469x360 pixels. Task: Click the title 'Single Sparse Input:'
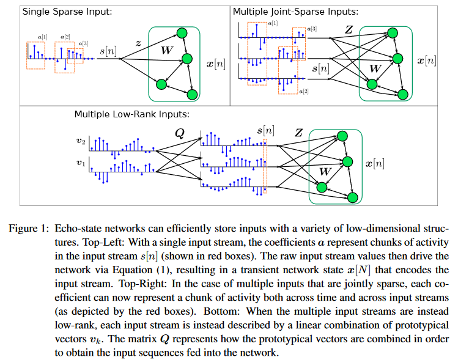[x=59, y=12]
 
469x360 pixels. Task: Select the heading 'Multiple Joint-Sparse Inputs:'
[x=287, y=12]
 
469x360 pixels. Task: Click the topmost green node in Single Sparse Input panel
[x=181, y=34]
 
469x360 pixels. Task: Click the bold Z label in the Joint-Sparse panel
[x=349, y=30]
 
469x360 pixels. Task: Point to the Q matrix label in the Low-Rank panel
[x=179, y=131]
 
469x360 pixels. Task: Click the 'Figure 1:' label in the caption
[x=28, y=228]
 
